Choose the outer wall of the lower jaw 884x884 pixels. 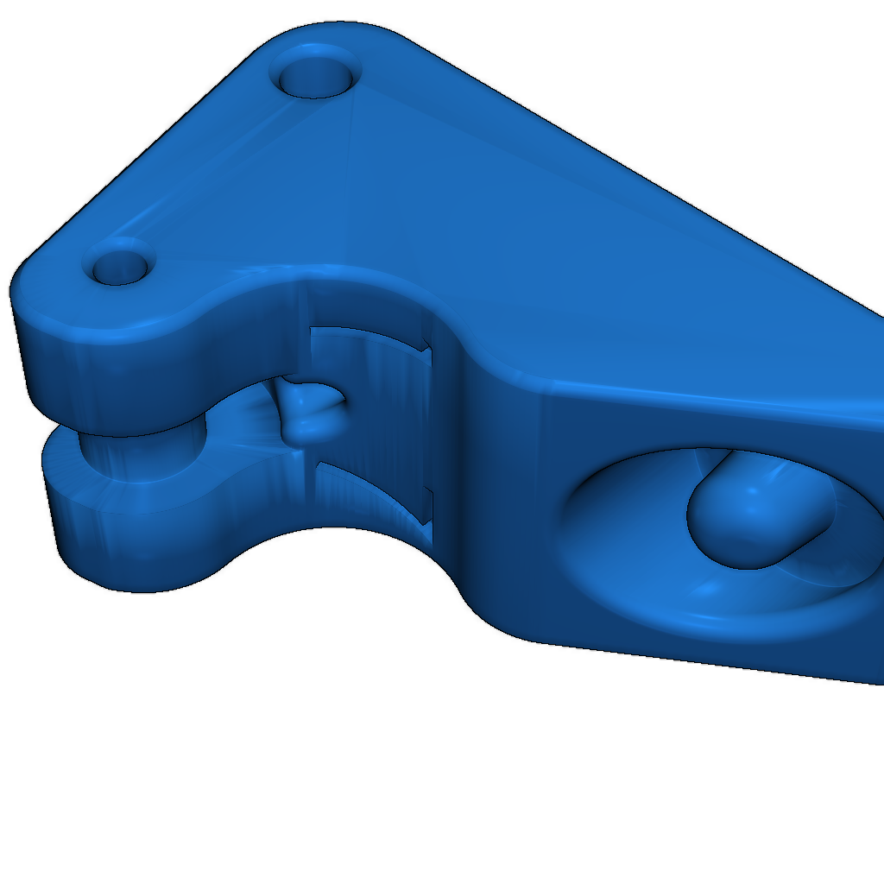[129, 544]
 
